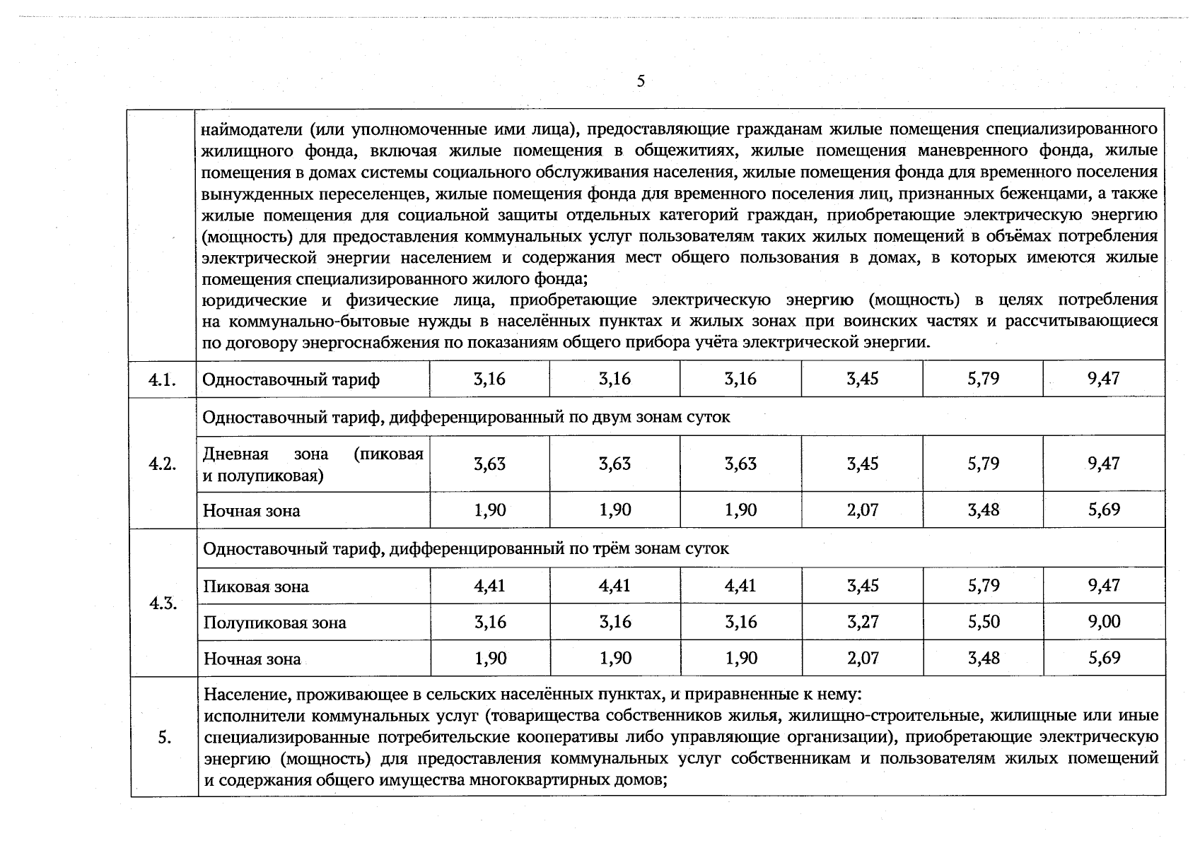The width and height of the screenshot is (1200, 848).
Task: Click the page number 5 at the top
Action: coord(641,81)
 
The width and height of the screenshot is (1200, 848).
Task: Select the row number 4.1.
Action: coord(162,379)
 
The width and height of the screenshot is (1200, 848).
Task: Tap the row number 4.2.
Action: coord(162,464)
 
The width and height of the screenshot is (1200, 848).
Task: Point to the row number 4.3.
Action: coord(163,603)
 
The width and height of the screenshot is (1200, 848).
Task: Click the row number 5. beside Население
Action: coord(164,738)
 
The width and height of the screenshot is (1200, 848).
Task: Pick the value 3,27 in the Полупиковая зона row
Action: coord(863,622)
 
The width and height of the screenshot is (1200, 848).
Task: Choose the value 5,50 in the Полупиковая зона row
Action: coord(984,622)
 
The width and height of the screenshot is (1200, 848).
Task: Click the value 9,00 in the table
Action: coord(1105,622)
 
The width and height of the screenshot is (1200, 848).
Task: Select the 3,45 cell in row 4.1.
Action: coord(863,379)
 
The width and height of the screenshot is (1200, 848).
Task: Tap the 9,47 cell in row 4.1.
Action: coord(1105,379)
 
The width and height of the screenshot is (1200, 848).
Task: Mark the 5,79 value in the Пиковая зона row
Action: coord(984,585)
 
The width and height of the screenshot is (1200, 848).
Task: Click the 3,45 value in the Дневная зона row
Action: coord(863,464)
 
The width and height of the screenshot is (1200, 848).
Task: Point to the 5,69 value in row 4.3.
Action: coord(1105,658)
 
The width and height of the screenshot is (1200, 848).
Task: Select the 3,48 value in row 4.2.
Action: coord(984,510)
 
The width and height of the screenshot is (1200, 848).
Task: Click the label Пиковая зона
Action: coord(256,587)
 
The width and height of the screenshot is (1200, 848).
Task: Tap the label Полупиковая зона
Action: coord(275,623)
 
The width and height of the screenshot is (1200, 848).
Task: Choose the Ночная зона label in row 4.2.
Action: coord(251,510)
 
